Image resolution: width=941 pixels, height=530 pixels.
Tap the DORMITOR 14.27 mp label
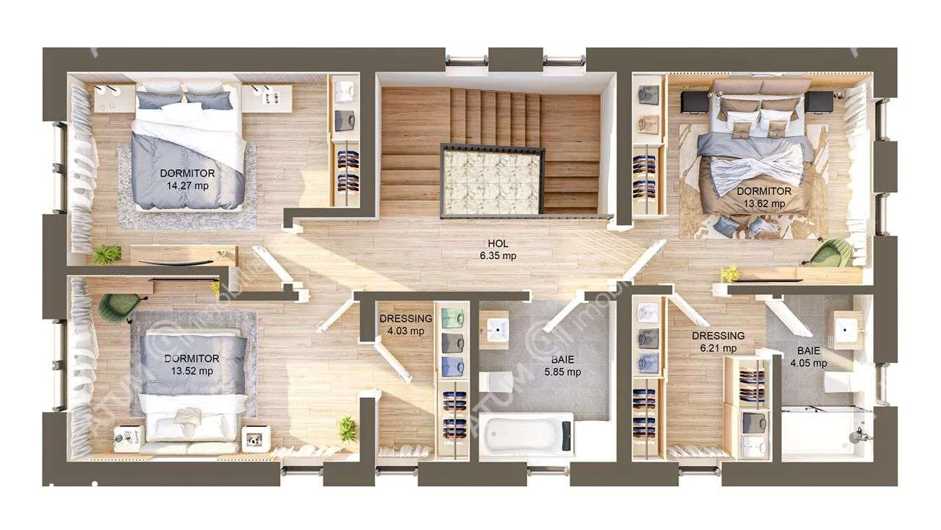[x=187, y=179]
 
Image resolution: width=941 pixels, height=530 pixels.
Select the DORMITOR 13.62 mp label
[x=764, y=197]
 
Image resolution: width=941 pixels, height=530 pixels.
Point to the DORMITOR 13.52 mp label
[x=192, y=364]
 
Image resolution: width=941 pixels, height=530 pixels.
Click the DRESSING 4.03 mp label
[x=405, y=325]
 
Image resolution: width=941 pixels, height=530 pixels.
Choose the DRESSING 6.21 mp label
[x=718, y=342]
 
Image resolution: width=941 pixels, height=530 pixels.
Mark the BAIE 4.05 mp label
[x=809, y=357]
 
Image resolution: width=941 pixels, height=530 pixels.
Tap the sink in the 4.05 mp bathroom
[x=848, y=328]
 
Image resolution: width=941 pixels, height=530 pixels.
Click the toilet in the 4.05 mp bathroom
[x=838, y=382]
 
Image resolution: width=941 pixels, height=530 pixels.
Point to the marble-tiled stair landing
[x=493, y=180]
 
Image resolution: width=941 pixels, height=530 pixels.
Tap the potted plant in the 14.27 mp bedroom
[x=108, y=254]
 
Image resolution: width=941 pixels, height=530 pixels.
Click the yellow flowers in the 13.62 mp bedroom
[x=730, y=273]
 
